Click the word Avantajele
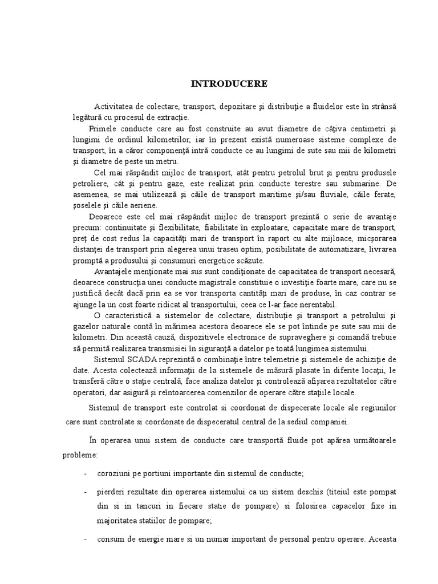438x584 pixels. click(x=114, y=271)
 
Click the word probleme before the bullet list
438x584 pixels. click(x=80, y=456)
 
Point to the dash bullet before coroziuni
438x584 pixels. click(x=85, y=474)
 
